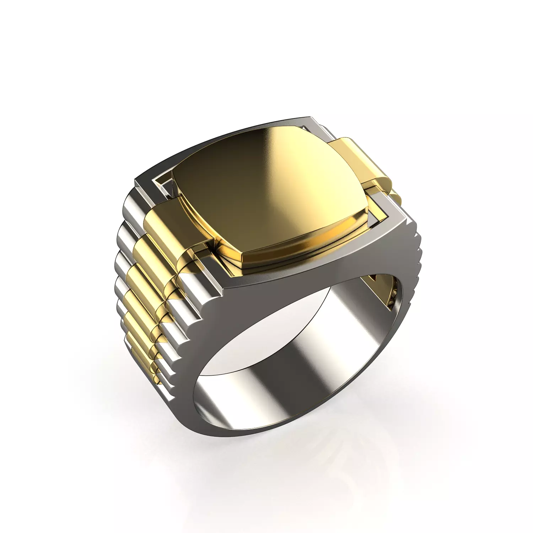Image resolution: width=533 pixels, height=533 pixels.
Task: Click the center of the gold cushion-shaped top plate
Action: click(270, 192)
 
